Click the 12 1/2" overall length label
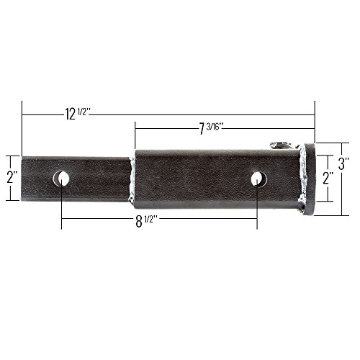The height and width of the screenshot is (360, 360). pyautogui.click(x=78, y=114)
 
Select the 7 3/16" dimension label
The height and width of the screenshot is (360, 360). pyautogui.click(x=210, y=128)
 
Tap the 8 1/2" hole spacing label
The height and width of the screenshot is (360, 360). pyautogui.click(x=146, y=221)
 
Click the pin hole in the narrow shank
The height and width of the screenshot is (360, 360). pyautogui.click(x=61, y=179)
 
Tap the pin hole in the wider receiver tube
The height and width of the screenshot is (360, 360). pyautogui.click(x=259, y=179)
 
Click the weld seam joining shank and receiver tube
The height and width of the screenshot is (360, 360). pyautogui.click(x=132, y=179)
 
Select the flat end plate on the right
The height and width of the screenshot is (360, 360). pyautogui.click(x=310, y=179)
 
